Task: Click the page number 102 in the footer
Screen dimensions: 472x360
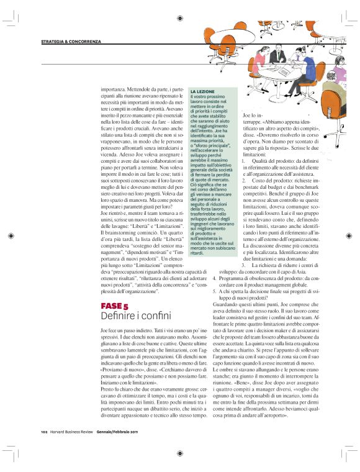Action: point(44,431)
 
